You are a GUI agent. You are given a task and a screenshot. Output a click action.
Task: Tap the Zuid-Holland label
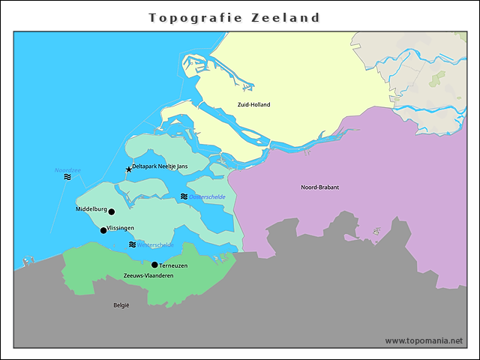[253, 105]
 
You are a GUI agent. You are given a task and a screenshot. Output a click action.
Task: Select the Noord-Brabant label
[319, 187]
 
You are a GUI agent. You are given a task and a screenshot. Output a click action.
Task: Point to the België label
[121, 305]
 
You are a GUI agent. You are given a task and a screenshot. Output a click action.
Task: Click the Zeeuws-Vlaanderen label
[148, 276]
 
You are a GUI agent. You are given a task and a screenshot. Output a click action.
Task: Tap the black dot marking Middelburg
[112, 211]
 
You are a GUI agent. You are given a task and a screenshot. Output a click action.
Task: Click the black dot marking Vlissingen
[103, 230]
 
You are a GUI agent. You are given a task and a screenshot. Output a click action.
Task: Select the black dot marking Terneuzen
[154, 265]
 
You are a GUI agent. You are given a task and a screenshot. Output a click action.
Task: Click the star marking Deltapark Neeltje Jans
[128, 169]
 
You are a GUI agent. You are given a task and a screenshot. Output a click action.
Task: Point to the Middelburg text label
[91, 209]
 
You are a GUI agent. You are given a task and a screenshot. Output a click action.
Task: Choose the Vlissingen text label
[121, 227]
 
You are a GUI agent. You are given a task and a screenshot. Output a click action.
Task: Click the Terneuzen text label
[173, 265]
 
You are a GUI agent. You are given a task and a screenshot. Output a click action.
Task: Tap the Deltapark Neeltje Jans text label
[160, 166]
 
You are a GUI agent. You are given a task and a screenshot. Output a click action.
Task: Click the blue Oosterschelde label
[208, 196]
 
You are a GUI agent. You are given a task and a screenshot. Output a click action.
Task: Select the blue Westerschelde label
[156, 244]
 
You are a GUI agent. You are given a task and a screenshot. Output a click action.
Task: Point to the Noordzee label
[67, 170]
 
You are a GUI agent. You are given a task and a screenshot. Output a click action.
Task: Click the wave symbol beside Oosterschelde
[184, 196]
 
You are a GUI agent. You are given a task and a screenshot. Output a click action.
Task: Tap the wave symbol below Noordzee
[67, 178]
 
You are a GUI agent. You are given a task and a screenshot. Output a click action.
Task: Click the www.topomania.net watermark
[424, 340]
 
